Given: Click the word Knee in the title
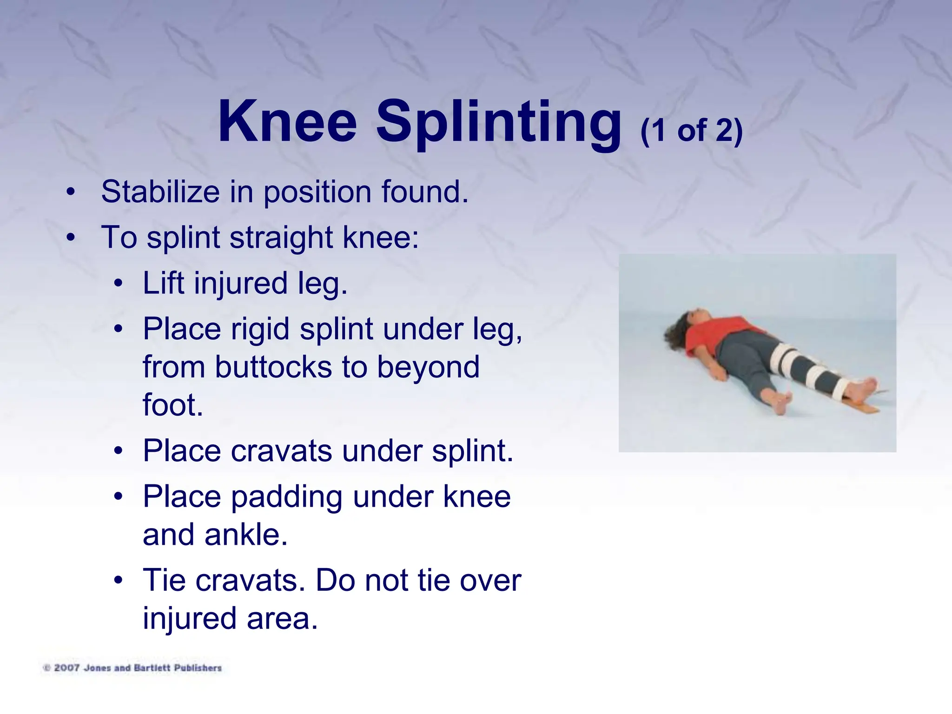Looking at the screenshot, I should [287, 122].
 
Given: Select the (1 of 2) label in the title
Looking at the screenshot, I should [691, 131].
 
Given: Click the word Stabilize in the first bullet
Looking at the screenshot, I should [160, 192].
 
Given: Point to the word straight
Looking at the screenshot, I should [281, 237].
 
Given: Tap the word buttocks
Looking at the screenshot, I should [273, 367].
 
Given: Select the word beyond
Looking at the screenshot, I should [428, 367].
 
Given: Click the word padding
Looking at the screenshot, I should [286, 497].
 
